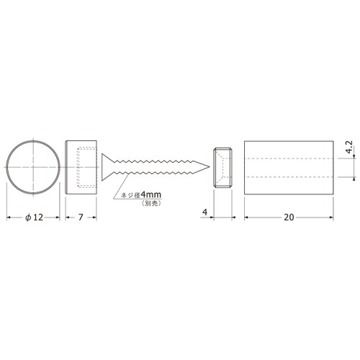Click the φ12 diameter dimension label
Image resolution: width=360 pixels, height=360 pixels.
pyautogui.click(x=35, y=217)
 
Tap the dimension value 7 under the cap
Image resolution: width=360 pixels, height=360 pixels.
pyautogui.click(x=81, y=217)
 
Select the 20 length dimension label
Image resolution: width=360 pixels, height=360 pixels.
pyautogui.click(x=289, y=217)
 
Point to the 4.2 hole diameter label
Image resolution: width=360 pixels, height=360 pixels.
pyautogui.click(x=349, y=147)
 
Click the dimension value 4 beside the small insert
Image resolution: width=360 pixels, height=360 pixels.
pyautogui.click(x=204, y=212)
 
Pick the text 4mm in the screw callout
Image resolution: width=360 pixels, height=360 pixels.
pyautogui.click(x=151, y=194)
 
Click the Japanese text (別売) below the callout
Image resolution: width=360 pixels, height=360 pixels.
pyautogui.click(x=151, y=203)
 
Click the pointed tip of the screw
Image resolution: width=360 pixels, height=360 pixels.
pyautogui.click(x=210, y=167)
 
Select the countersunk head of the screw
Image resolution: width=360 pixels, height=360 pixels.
pyautogui.click(x=107, y=167)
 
